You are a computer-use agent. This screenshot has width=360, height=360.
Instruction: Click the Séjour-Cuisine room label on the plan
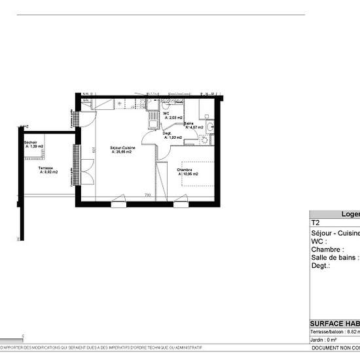tap(122, 149)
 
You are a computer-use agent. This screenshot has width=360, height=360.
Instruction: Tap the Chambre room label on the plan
tap(185, 169)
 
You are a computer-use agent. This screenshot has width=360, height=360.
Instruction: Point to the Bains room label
tap(189, 124)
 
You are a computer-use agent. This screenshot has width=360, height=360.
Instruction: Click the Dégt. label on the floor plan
tap(168, 134)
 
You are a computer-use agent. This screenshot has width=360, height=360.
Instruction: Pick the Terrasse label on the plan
tap(45, 168)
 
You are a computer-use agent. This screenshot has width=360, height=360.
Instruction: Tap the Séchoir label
tap(30, 143)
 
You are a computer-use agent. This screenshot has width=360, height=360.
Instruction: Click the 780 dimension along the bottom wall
tap(148, 195)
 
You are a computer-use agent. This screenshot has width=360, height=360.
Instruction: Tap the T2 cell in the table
tap(315, 223)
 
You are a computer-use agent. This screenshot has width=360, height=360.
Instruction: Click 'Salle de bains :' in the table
tap(334, 257)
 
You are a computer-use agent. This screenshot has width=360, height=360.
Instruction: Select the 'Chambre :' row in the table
tap(327, 249)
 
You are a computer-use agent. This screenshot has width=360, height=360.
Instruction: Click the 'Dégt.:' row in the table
tap(321, 266)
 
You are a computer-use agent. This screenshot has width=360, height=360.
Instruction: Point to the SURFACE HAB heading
tap(334, 323)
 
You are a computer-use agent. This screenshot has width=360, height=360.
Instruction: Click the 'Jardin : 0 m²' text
tap(325, 340)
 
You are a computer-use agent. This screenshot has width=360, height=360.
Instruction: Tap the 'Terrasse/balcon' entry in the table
tap(331, 332)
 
